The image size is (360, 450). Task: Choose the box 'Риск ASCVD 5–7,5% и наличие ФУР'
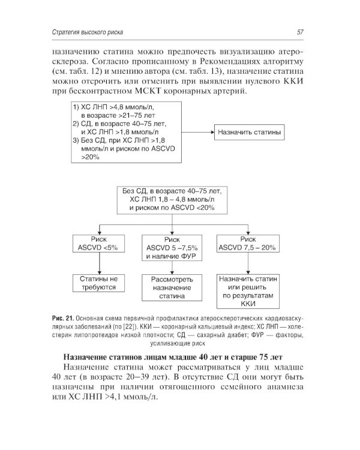pyautogui.click(x=172, y=247)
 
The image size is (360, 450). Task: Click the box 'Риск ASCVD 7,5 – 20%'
pyautogui.click(x=247, y=242)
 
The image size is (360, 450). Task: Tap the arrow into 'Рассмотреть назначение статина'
pyautogui.click(x=172, y=269)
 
